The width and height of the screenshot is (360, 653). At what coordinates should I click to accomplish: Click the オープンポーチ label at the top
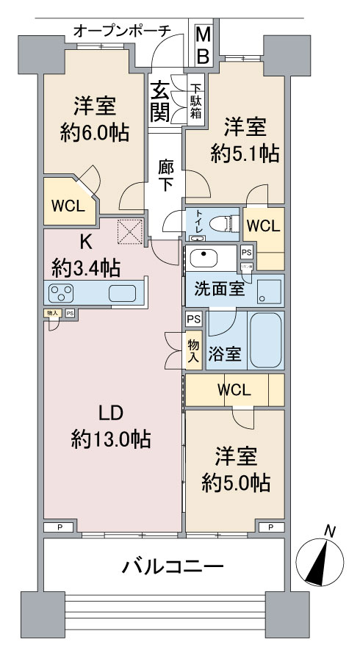tap(122, 30)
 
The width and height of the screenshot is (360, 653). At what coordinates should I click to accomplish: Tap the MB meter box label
tap(204, 45)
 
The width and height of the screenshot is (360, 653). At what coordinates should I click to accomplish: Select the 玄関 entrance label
tap(161, 101)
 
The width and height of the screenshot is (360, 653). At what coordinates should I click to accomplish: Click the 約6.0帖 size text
tap(93, 133)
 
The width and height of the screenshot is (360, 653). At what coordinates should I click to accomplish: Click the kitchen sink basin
tap(124, 293)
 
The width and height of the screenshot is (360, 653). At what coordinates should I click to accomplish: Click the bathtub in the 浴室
tap(265, 342)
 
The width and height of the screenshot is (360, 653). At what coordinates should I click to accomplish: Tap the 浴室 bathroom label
tap(225, 354)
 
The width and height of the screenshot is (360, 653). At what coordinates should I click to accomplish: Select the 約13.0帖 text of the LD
tap(111, 439)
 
